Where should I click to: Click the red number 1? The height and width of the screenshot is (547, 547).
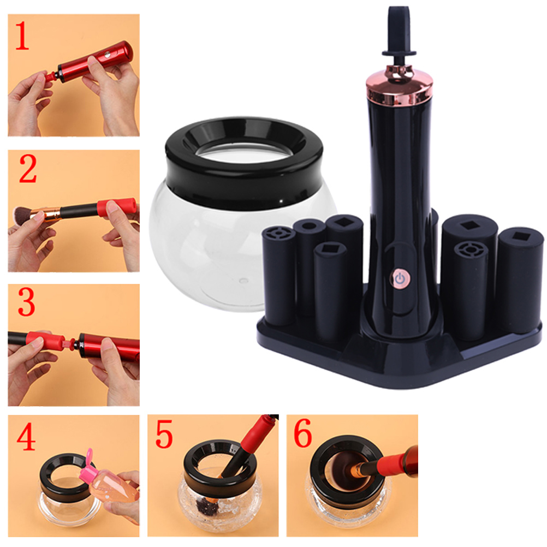click(x=22, y=36)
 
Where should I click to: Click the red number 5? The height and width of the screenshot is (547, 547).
click(x=164, y=434)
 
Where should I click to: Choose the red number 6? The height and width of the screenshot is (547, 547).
click(x=302, y=433)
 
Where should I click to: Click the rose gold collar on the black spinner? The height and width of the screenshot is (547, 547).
click(x=400, y=86)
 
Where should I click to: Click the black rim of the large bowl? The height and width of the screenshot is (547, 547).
click(x=244, y=164)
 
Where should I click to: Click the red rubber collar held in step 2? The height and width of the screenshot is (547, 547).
click(x=117, y=207)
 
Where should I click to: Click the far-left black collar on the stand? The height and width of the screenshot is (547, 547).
click(x=278, y=276)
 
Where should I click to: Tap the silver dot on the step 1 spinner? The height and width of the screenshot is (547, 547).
click(x=107, y=55)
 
